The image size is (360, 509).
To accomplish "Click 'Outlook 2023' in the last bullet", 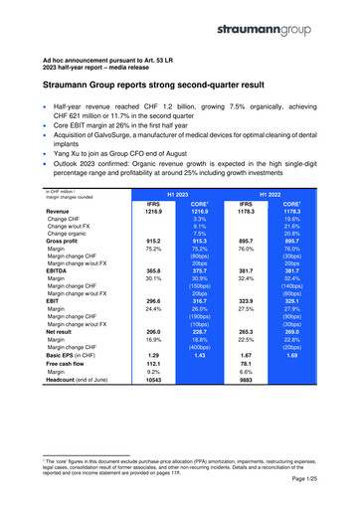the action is (81, 170).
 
